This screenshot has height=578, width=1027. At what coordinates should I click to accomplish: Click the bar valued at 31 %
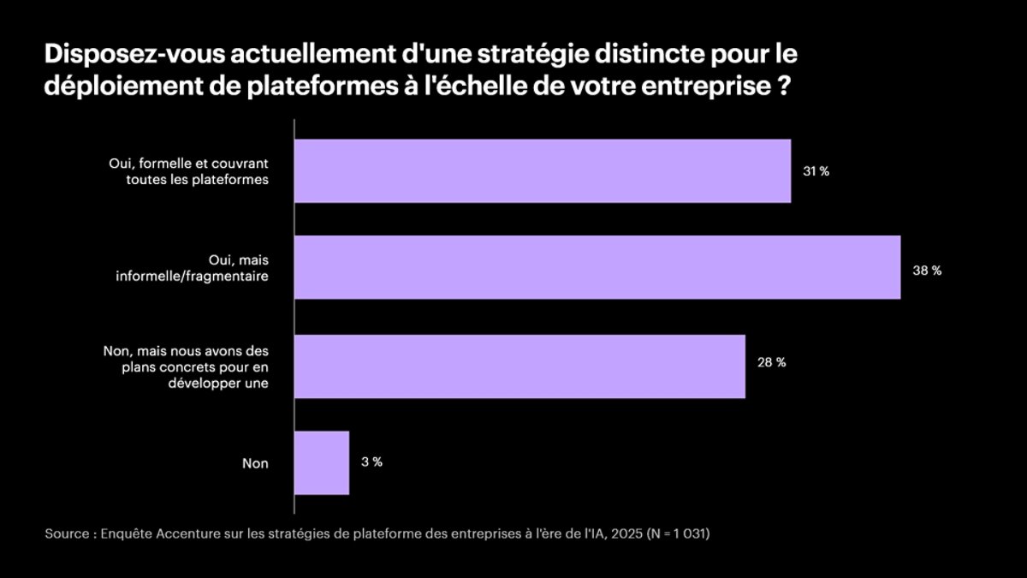coord(542,170)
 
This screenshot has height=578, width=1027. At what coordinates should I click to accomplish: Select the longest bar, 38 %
coord(597,267)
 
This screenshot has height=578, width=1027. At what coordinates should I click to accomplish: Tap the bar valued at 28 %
coord(519,366)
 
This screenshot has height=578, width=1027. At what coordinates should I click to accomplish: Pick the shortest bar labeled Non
coord(322,462)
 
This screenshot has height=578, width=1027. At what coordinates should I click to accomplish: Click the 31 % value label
coord(816,171)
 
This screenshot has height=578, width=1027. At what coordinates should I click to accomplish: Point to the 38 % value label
coord(927,270)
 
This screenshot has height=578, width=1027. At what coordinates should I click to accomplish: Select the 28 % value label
coord(771,362)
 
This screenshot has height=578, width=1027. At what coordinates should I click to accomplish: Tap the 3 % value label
coord(371,462)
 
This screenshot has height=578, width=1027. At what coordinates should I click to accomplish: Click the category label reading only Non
coord(255,463)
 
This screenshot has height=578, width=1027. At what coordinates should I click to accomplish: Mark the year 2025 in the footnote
coord(628,533)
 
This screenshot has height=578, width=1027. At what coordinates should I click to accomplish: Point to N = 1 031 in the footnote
coord(680,533)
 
